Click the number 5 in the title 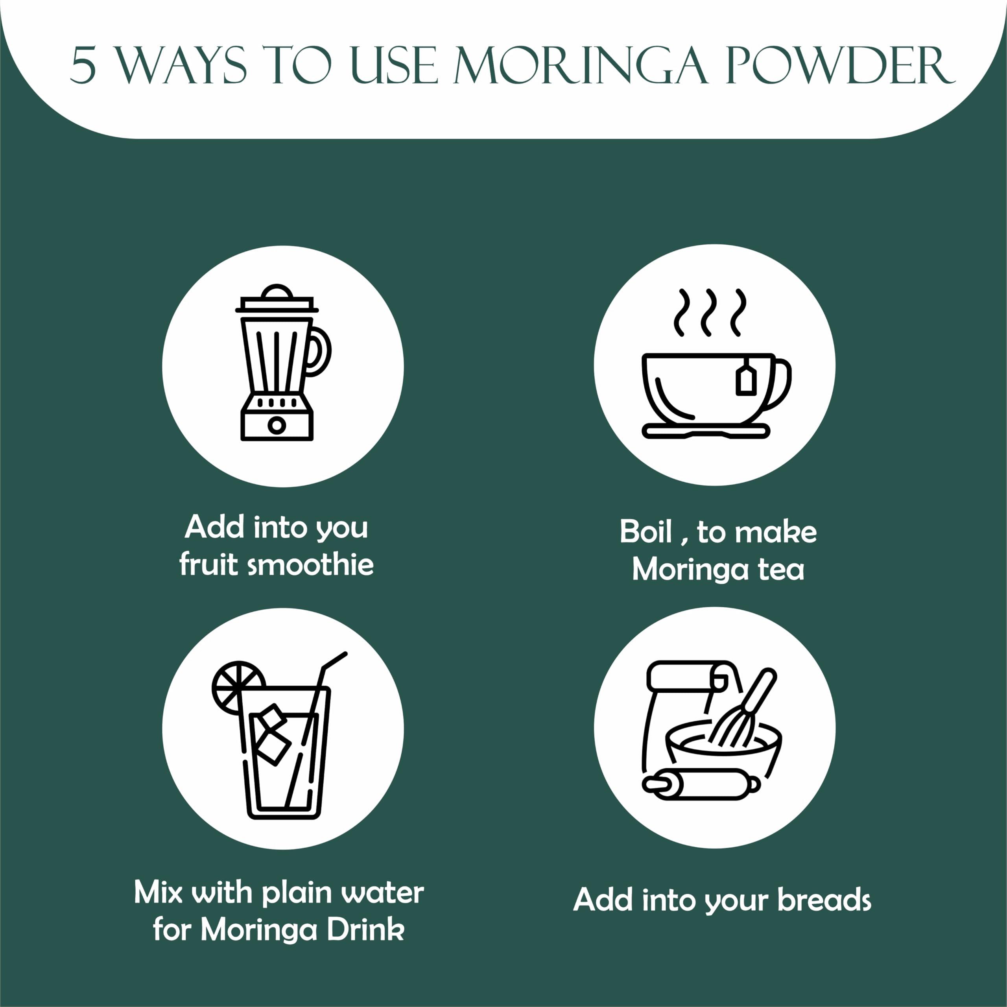pos(83,66)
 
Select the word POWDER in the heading pos(841,66)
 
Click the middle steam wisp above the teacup pos(707,312)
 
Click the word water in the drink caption pos(383,893)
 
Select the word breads pos(824,900)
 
